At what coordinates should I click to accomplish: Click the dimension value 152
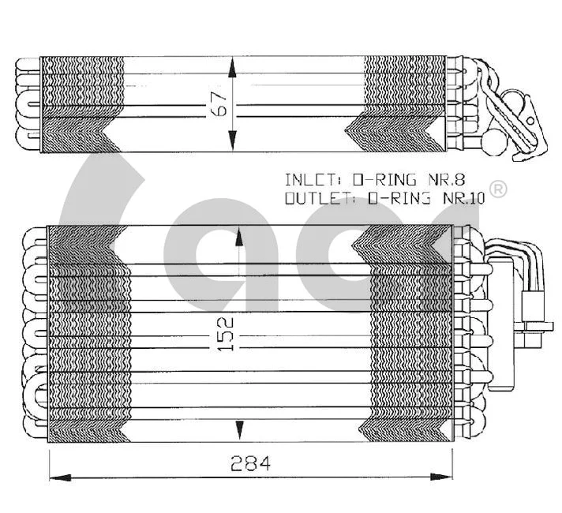point(226,334)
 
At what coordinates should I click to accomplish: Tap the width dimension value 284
point(250,463)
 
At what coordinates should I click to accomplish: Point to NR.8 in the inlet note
point(447,179)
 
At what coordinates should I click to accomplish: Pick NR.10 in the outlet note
point(464,198)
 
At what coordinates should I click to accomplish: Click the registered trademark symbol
point(498,189)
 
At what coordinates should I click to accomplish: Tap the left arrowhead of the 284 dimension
point(60,477)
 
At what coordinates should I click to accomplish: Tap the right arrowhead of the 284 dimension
point(441,477)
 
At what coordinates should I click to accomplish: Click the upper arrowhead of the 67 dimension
point(232,68)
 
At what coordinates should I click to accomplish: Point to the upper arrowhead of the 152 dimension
point(239,237)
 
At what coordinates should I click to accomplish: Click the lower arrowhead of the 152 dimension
point(239,430)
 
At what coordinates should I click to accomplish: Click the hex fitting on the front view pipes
point(533,336)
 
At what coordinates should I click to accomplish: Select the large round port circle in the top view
point(495,142)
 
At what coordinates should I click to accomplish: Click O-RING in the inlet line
point(384,179)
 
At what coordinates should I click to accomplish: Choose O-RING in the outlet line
point(399,198)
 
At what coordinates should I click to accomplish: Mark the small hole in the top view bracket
point(530,121)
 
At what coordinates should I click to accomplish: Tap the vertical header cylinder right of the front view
point(504,326)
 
